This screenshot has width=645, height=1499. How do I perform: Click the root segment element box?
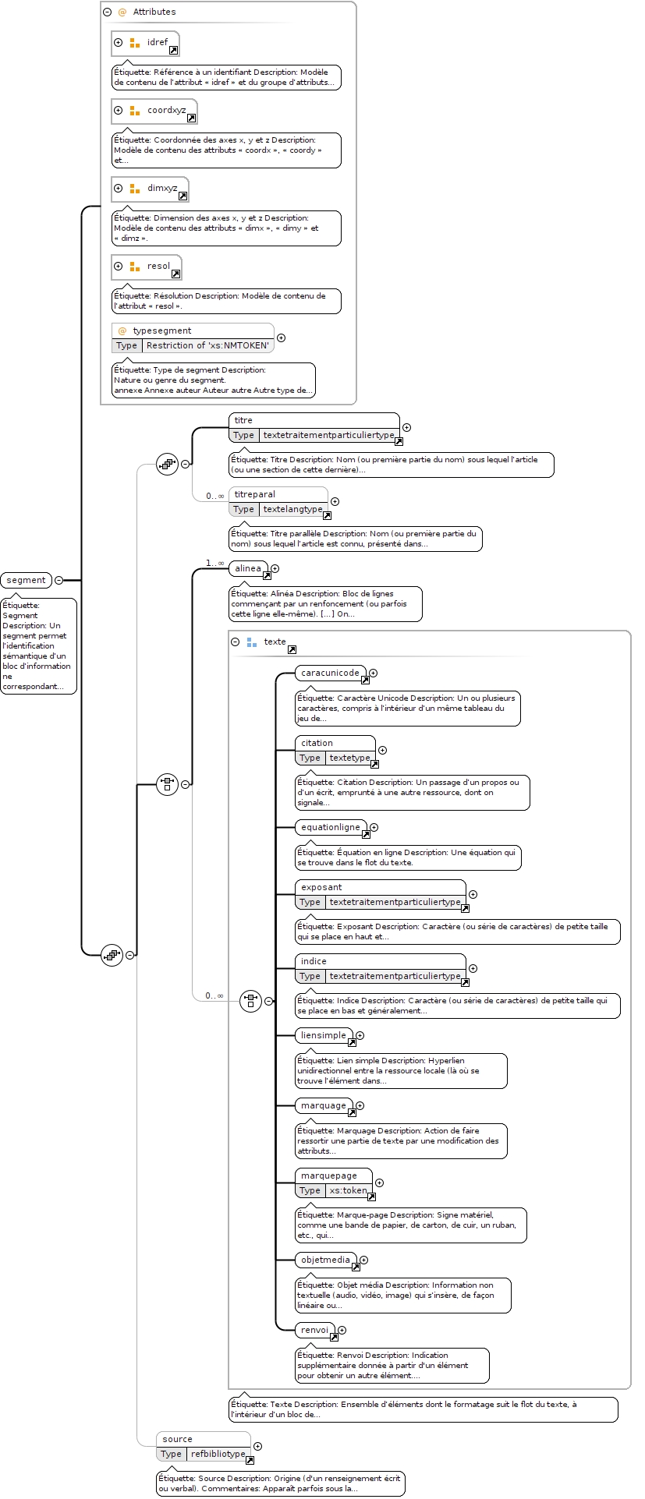click(x=27, y=580)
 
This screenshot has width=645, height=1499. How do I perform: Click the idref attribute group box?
click(x=146, y=43)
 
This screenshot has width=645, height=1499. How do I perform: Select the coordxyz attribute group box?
click(x=154, y=111)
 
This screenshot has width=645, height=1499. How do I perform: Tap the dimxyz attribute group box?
click(x=151, y=189)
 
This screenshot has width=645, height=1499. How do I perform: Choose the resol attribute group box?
click(x=147, y=267)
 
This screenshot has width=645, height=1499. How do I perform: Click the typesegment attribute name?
click(x=162, y=331)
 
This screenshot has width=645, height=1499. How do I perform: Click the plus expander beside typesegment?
click(x=282, y=338)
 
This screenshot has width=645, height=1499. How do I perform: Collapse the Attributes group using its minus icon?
click(x=108, y=12)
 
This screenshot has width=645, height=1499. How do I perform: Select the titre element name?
click(x=244, y=420)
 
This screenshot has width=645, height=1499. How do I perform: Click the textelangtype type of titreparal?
click(x=292, y=509)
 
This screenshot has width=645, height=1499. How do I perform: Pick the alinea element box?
click(x=249, y=569)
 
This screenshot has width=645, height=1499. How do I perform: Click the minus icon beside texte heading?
click(x=236, y=642)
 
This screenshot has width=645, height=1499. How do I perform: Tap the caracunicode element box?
click(x=331, y=673)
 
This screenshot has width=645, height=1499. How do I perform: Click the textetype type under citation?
click(x=349, y=758)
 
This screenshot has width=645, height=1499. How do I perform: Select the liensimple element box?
click(x=324, y=1036)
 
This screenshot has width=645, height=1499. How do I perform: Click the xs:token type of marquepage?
click(x=348, y=1190)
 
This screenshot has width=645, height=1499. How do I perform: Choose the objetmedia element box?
click(x=327, y=1260)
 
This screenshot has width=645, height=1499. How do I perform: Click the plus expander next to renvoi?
click(x=342, y=1331)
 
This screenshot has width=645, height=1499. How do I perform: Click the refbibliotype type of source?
click(x=218, y=1454)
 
